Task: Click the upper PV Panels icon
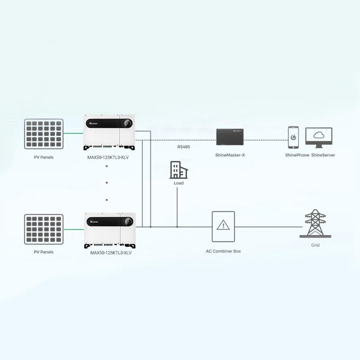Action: click(x=44, y=134)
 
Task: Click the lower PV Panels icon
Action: click(x=44, y=229)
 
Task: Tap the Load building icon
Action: click(x=178, y=170)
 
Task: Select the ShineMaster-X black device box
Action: click(x=230, y=137)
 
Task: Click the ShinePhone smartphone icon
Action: click(x=293, y=137)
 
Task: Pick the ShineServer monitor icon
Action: click(x=319, y=138)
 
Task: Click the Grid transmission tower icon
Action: click(x=315, y=223)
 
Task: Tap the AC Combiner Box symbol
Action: click(x=223, y=226)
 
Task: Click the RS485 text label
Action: click(x=184, y=147)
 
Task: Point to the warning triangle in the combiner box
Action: click(x=223, y=225)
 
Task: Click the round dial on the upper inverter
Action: click(x=128, y=123)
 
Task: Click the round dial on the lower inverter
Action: click(x=129, y=222)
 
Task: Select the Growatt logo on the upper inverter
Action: click(x=93, y=123)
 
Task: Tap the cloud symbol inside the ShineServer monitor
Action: click(x=319, y=135)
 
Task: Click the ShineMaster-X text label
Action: click(x=230, y=155)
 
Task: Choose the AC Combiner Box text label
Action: click(x=223, y=251)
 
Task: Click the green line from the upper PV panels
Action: click(x=73, y=133)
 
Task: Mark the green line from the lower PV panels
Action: click(x=74, y=229)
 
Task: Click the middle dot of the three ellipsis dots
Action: click(x=107, y=183)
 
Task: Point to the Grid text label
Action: click(x=315, y=245)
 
